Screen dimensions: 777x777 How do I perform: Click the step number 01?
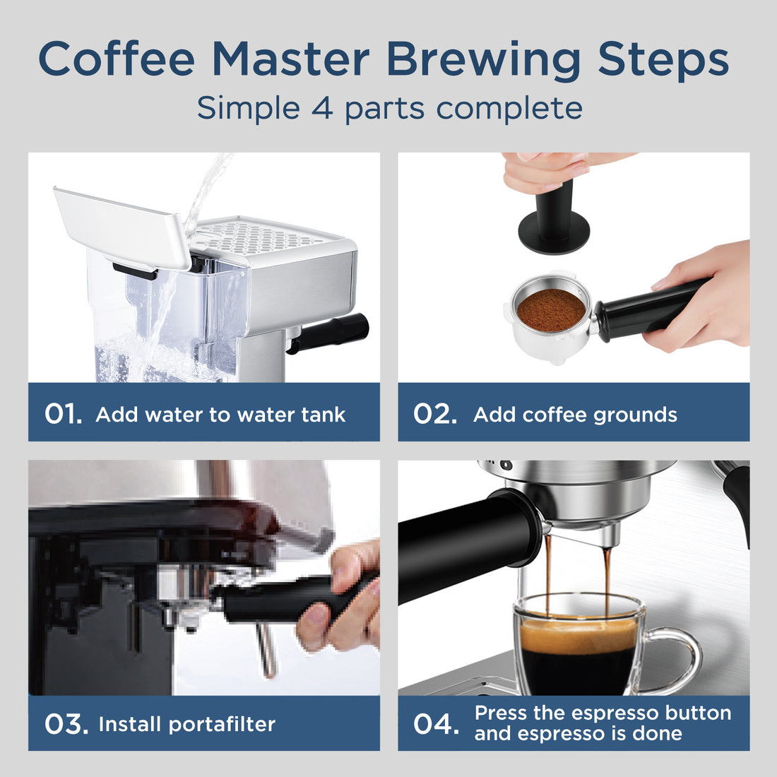point(63,414)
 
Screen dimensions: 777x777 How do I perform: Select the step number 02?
point(434,414)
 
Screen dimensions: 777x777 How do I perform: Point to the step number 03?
point(66,724)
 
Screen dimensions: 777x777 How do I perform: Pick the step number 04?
point(435,724)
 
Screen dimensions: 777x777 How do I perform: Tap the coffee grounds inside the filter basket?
point(551,309)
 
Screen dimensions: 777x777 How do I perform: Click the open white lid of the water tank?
point(120,226)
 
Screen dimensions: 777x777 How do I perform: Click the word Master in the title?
point(290,59)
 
